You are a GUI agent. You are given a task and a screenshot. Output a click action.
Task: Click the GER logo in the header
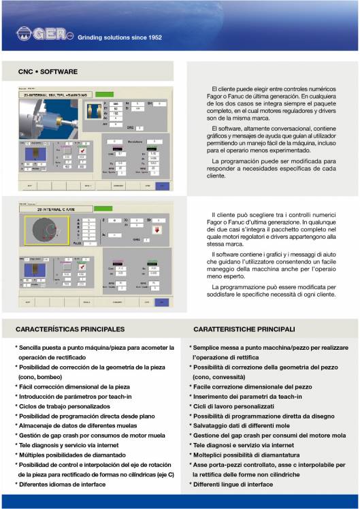[40, 35]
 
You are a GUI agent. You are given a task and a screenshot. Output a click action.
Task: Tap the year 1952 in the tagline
[151, 37]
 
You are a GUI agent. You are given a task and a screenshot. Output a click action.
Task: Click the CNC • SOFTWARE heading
[48, 71]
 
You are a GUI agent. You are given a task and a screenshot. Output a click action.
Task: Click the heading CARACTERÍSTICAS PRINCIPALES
[70, 329]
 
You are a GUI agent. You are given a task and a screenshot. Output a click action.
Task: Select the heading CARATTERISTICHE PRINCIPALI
[243, 329]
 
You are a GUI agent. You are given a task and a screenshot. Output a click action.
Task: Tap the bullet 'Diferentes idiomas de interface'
[62, 484]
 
